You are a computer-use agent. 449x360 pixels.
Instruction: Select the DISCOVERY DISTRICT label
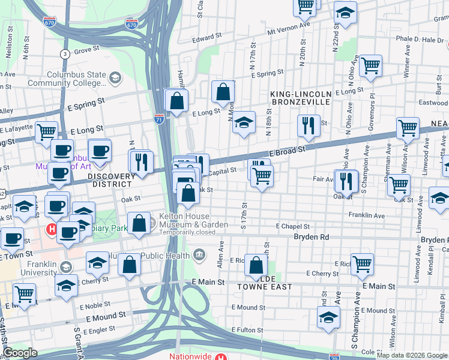[110, 180]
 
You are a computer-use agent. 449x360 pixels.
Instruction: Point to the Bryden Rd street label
[312, 237]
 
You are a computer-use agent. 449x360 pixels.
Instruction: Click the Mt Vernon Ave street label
[289, 28]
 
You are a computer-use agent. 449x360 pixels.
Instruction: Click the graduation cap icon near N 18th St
[244, 122]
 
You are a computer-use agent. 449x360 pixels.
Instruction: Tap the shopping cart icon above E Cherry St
[362, 263]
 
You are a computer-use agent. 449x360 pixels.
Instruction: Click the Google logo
[19, 353]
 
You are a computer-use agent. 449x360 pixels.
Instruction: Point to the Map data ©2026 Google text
[411, 355]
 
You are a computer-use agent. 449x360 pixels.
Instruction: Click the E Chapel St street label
[292, 227]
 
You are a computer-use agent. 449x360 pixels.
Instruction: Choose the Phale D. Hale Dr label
[420, 40]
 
